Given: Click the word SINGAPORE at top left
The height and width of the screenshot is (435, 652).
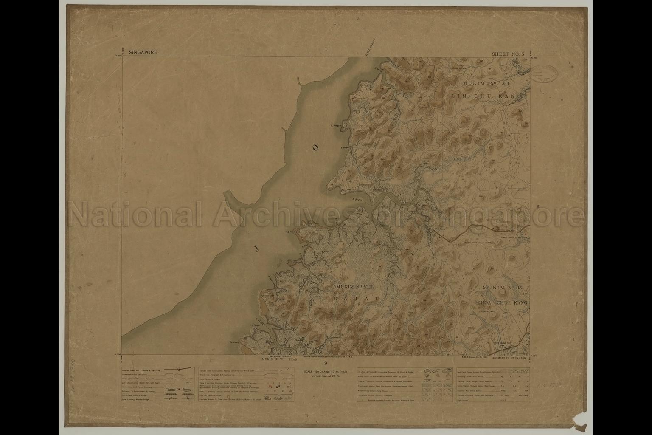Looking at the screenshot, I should (143, 53).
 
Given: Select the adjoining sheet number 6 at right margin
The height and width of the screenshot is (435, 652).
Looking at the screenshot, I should (537, 207).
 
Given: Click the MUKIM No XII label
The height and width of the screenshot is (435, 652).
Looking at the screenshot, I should (486, 84).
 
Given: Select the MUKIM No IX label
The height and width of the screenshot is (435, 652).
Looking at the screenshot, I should (505, 288).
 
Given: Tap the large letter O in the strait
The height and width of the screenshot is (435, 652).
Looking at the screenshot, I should (315, 148).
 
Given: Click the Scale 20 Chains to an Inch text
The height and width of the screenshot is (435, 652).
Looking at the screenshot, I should (326, 372).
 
